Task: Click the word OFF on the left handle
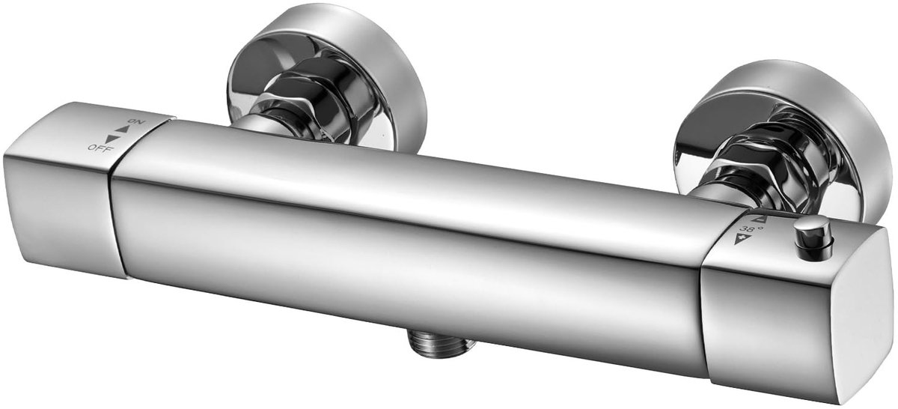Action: [101, 148]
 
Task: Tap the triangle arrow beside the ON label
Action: [121, 130]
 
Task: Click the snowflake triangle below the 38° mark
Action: [738, 239]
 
